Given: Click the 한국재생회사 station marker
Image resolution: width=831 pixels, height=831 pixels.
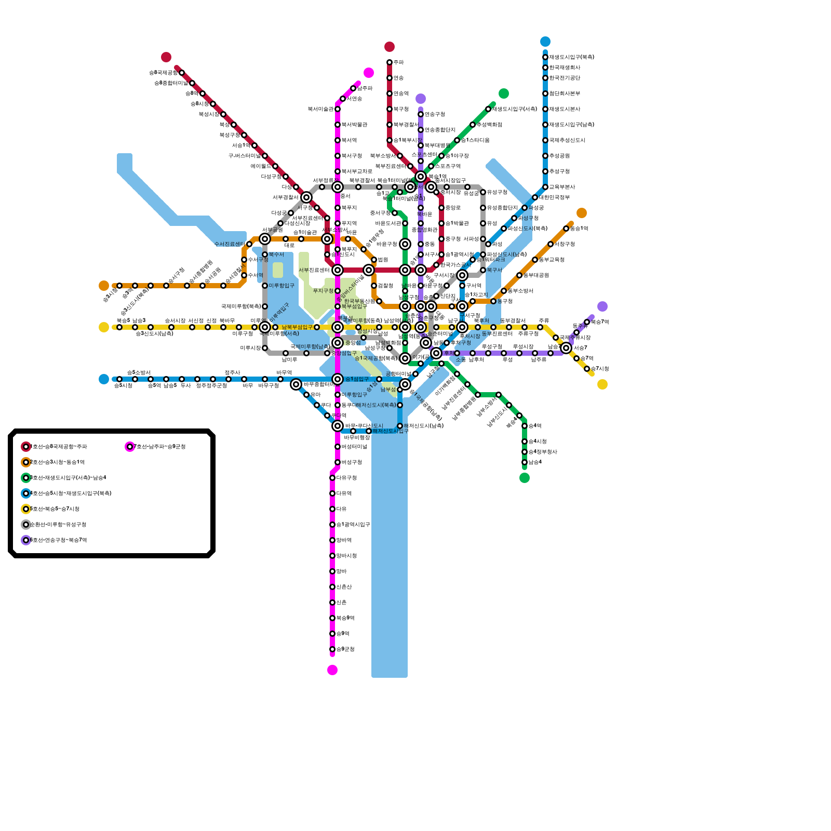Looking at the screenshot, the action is coord(545,68).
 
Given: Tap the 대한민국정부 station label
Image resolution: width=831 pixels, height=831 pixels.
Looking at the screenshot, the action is coord(554,197).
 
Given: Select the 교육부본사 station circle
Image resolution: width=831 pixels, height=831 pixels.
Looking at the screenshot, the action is coord(545,187).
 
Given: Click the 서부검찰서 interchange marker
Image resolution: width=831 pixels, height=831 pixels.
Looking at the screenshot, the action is coord(306,197).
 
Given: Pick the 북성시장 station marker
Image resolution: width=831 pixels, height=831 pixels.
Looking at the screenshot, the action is coord(223,114).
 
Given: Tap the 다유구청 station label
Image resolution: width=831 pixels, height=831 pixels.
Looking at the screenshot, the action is coord(346,478).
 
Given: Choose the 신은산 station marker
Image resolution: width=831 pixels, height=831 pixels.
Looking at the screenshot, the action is coord(332,587).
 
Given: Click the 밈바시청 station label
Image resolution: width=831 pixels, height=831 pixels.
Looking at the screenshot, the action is coord(346,556).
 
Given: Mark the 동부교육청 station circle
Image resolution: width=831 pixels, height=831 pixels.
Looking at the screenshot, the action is coord(535,260).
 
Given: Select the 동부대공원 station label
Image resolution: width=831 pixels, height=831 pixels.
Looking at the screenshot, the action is coord(536,275).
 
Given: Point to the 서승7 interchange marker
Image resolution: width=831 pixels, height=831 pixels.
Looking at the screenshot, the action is coord(566,348).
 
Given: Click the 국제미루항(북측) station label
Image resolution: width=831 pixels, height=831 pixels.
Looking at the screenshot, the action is coord(240,306).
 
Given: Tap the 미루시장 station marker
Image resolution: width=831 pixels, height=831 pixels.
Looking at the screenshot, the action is coord(265,348).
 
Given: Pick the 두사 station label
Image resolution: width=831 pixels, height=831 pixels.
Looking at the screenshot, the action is coord(185,386).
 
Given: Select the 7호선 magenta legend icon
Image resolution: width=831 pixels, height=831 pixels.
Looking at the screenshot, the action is coord(130,447).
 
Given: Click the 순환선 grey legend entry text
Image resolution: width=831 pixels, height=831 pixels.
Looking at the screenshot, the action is coord(58,525).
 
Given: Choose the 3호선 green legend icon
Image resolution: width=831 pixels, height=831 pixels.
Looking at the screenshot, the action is coord(26,478).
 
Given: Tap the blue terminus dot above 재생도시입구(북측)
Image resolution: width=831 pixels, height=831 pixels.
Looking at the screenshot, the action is coord(545,42).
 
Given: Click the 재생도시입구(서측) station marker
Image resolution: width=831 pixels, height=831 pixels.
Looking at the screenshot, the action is coord(488,109).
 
